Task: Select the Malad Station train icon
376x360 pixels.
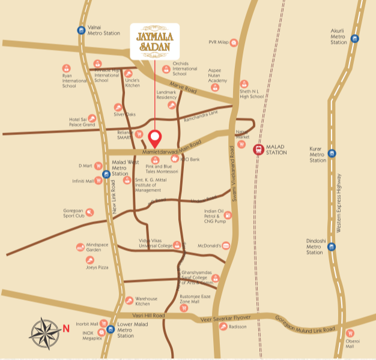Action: pyautogui.click(x=258, y=149)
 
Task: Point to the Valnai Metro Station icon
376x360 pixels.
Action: pyautogui.click(x=81, y=30)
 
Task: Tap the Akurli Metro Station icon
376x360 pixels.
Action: pyautogui.click(x=355, y=39)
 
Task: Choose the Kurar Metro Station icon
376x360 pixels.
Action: pyautogui.click(x=332, y=153)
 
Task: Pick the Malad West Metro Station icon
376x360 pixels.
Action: pyautogui.click(x=106, y=175)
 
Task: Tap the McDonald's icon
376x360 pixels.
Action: pyautogui.click(x=226, y=245)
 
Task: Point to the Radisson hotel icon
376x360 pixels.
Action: pyautogui.click(x=223, y=326)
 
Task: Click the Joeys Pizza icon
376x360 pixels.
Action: pyautogui.click(x=90, y=260)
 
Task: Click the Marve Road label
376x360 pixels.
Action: pyautogui.click(x=183, y=88)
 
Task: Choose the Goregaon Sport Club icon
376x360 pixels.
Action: pyautogui.click(x=89, y=211)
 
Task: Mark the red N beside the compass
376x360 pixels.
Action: pyautogui.click(x=65, y=328)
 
